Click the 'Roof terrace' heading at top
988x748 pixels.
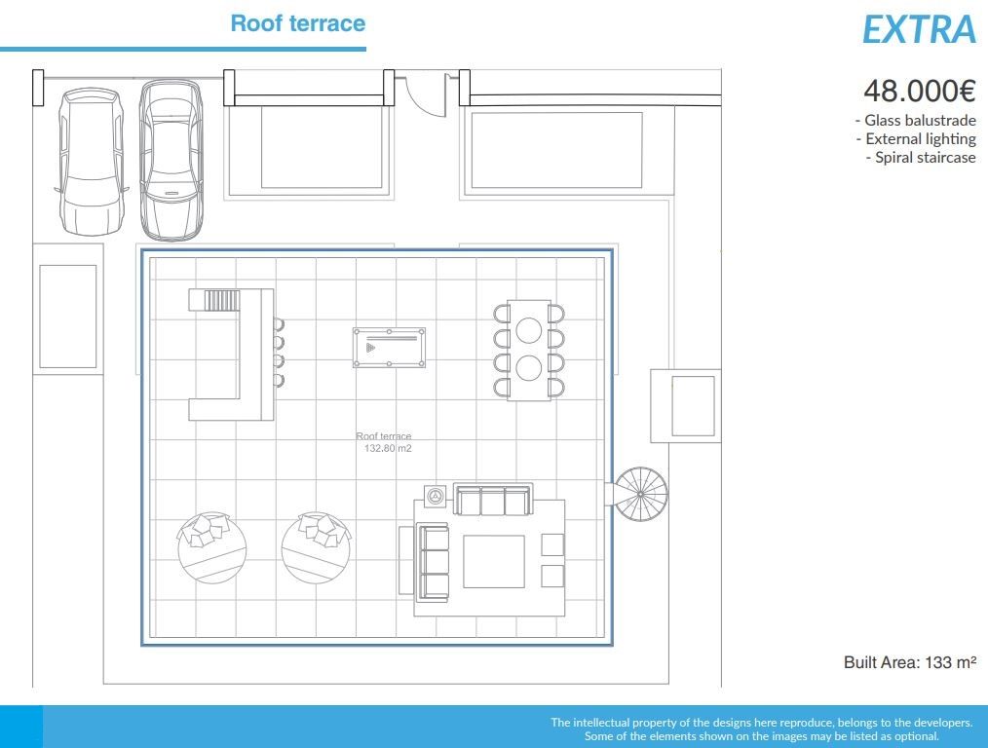(297, 23)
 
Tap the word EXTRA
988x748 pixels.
(919, 29)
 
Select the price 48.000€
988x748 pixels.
(920, 91)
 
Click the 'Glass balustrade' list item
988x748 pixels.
(916, 120)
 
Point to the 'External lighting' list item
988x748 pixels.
(916, 139)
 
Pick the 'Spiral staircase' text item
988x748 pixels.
(921, 158)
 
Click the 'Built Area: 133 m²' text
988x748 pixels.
(910, 661)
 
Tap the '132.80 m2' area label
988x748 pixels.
(388, 448)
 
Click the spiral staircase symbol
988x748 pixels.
(640, 494)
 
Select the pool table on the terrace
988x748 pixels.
(390, 347)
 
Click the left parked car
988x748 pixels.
(90, 162)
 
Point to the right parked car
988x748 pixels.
(171, 160)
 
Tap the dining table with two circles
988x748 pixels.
(529, 350)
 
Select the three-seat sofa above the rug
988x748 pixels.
(493, 500)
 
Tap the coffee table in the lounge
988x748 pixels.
(494, 562)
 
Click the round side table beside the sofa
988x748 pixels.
(435, 496)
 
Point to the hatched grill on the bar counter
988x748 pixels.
(222, 300)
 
